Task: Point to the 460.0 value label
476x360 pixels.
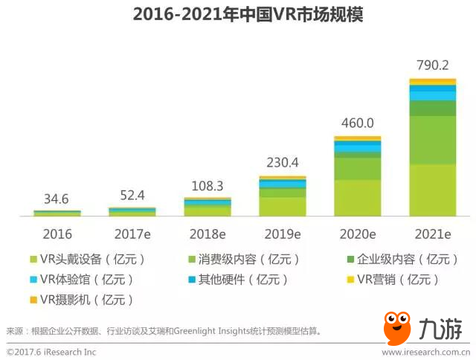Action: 357,123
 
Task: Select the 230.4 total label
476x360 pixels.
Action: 283,164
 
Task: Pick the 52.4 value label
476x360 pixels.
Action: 132,196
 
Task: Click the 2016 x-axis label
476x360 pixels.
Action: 57,234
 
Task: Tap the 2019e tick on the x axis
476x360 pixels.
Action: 282,234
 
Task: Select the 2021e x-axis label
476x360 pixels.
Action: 432,234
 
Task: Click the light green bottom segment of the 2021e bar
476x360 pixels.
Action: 432,190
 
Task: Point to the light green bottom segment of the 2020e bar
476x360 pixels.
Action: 357,198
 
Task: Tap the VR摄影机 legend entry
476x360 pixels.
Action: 82,300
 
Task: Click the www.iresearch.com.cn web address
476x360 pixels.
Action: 424,352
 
